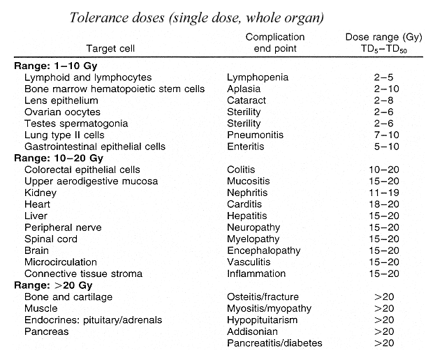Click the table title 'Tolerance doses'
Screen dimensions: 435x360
click(117, 17)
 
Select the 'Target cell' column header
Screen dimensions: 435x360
click(110, 49)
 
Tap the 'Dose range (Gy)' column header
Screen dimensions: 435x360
click(383, 37)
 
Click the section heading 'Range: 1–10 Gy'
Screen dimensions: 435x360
click(56, 66)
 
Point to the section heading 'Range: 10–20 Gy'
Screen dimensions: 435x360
click(59, 158)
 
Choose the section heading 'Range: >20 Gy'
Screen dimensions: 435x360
click(53, 285)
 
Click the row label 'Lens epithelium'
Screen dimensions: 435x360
click(61, 100)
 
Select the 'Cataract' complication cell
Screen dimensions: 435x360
click(246, 100)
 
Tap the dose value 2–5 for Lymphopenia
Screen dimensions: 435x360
click(383, 77)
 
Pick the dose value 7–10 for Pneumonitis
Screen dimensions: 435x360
click(386, 135)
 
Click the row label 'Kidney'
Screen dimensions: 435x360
click(40, 193)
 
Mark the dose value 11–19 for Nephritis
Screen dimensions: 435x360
click(384, 193)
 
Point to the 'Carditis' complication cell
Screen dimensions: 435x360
click(244, 204)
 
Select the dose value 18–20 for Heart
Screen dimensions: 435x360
click(384, 204)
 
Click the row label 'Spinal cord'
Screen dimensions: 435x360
click(51, 239)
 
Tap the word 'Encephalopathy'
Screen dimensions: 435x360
click(264, 250)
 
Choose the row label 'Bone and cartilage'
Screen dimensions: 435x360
click(68, 297)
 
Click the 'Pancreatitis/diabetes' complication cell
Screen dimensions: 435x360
click(274, 343)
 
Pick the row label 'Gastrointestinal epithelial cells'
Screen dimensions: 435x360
click(95, 147)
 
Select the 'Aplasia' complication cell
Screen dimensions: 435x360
click(244, 89)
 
